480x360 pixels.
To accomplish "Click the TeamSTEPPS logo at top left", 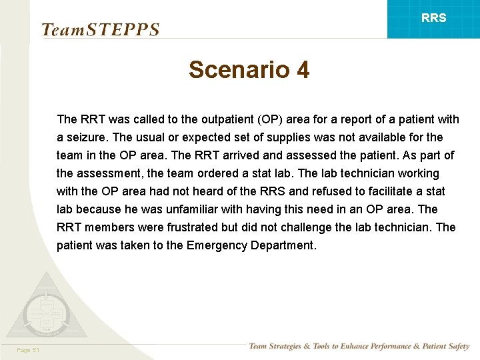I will [100, 30].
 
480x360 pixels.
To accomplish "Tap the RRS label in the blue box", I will [434, 18].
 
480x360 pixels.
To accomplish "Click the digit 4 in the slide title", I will [302, 69].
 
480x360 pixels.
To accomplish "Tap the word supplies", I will [313, 137].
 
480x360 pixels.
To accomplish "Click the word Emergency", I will [217, 245].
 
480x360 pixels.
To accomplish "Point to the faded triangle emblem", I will [45, 308].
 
